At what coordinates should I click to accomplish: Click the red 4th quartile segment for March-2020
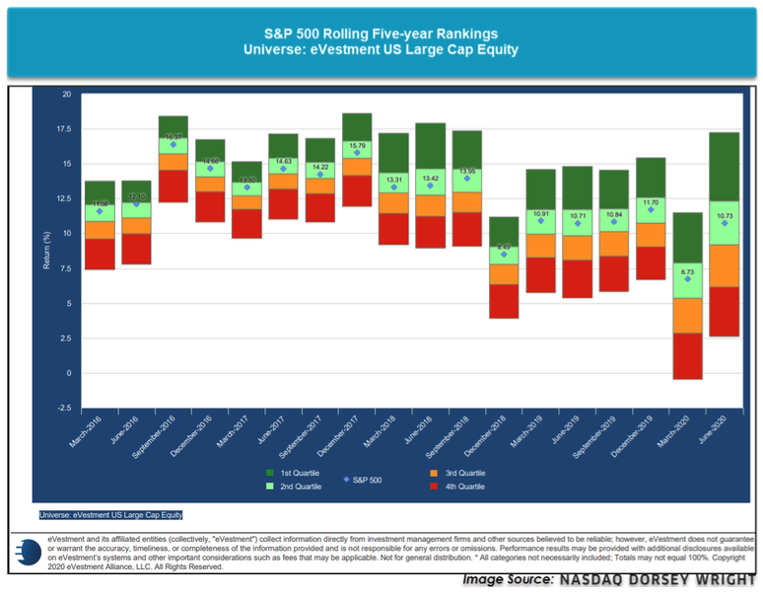(x=686, y=355)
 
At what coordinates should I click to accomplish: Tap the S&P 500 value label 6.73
(x=687, y=271)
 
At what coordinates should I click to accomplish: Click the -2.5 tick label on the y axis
(x=65, y=408)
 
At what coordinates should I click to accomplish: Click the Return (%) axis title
(x=44, y=251)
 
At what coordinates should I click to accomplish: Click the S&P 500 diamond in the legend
(x=346, y=480)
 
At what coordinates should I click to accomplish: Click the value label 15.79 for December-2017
(x=358, y=146)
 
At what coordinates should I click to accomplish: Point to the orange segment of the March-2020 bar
(x=686, y=315)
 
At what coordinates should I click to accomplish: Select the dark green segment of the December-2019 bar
(x=650, y=178)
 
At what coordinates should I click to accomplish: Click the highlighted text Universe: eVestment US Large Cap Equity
(x=111, y=514)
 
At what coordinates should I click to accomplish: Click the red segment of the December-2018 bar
(x=504, y=301)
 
